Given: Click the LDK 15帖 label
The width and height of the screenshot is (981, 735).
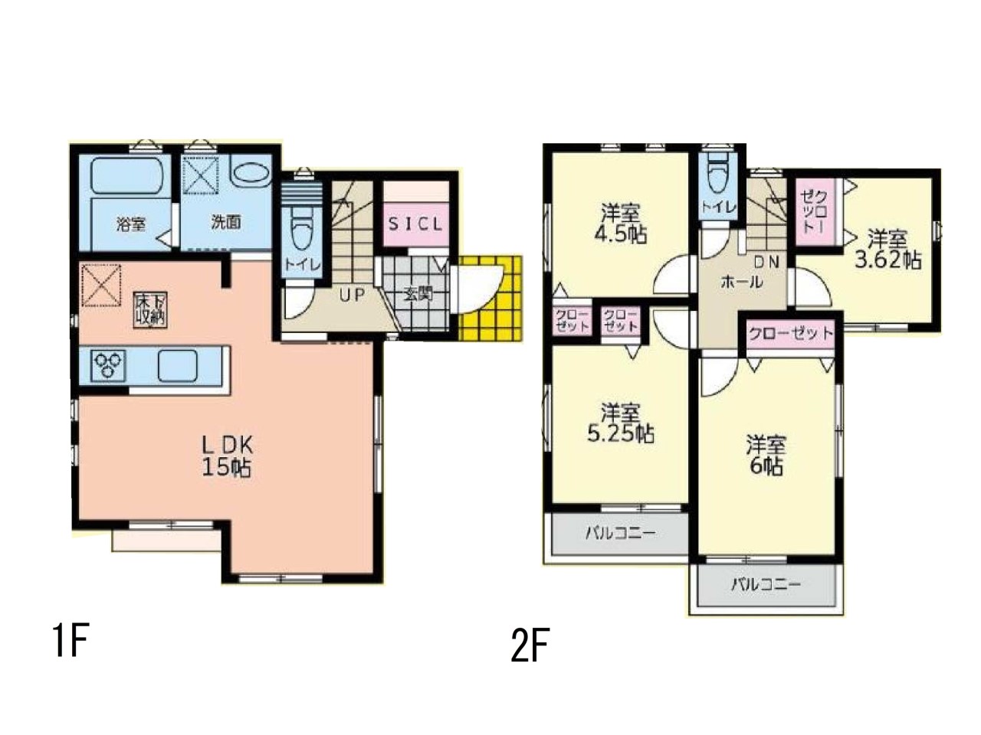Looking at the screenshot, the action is click(228, 456).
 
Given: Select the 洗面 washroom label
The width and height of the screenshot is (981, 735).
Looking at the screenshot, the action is click(226, 222).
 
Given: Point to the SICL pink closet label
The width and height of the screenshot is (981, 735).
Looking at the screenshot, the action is click(415, 224).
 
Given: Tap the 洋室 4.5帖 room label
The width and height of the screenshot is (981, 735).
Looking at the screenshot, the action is click(623, 224).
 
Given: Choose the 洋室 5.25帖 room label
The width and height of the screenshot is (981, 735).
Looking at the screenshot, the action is click(621, 423).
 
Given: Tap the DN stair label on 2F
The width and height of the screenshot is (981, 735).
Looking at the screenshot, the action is click(767, 263).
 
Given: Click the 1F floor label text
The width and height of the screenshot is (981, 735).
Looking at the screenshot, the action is click(71, 640).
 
